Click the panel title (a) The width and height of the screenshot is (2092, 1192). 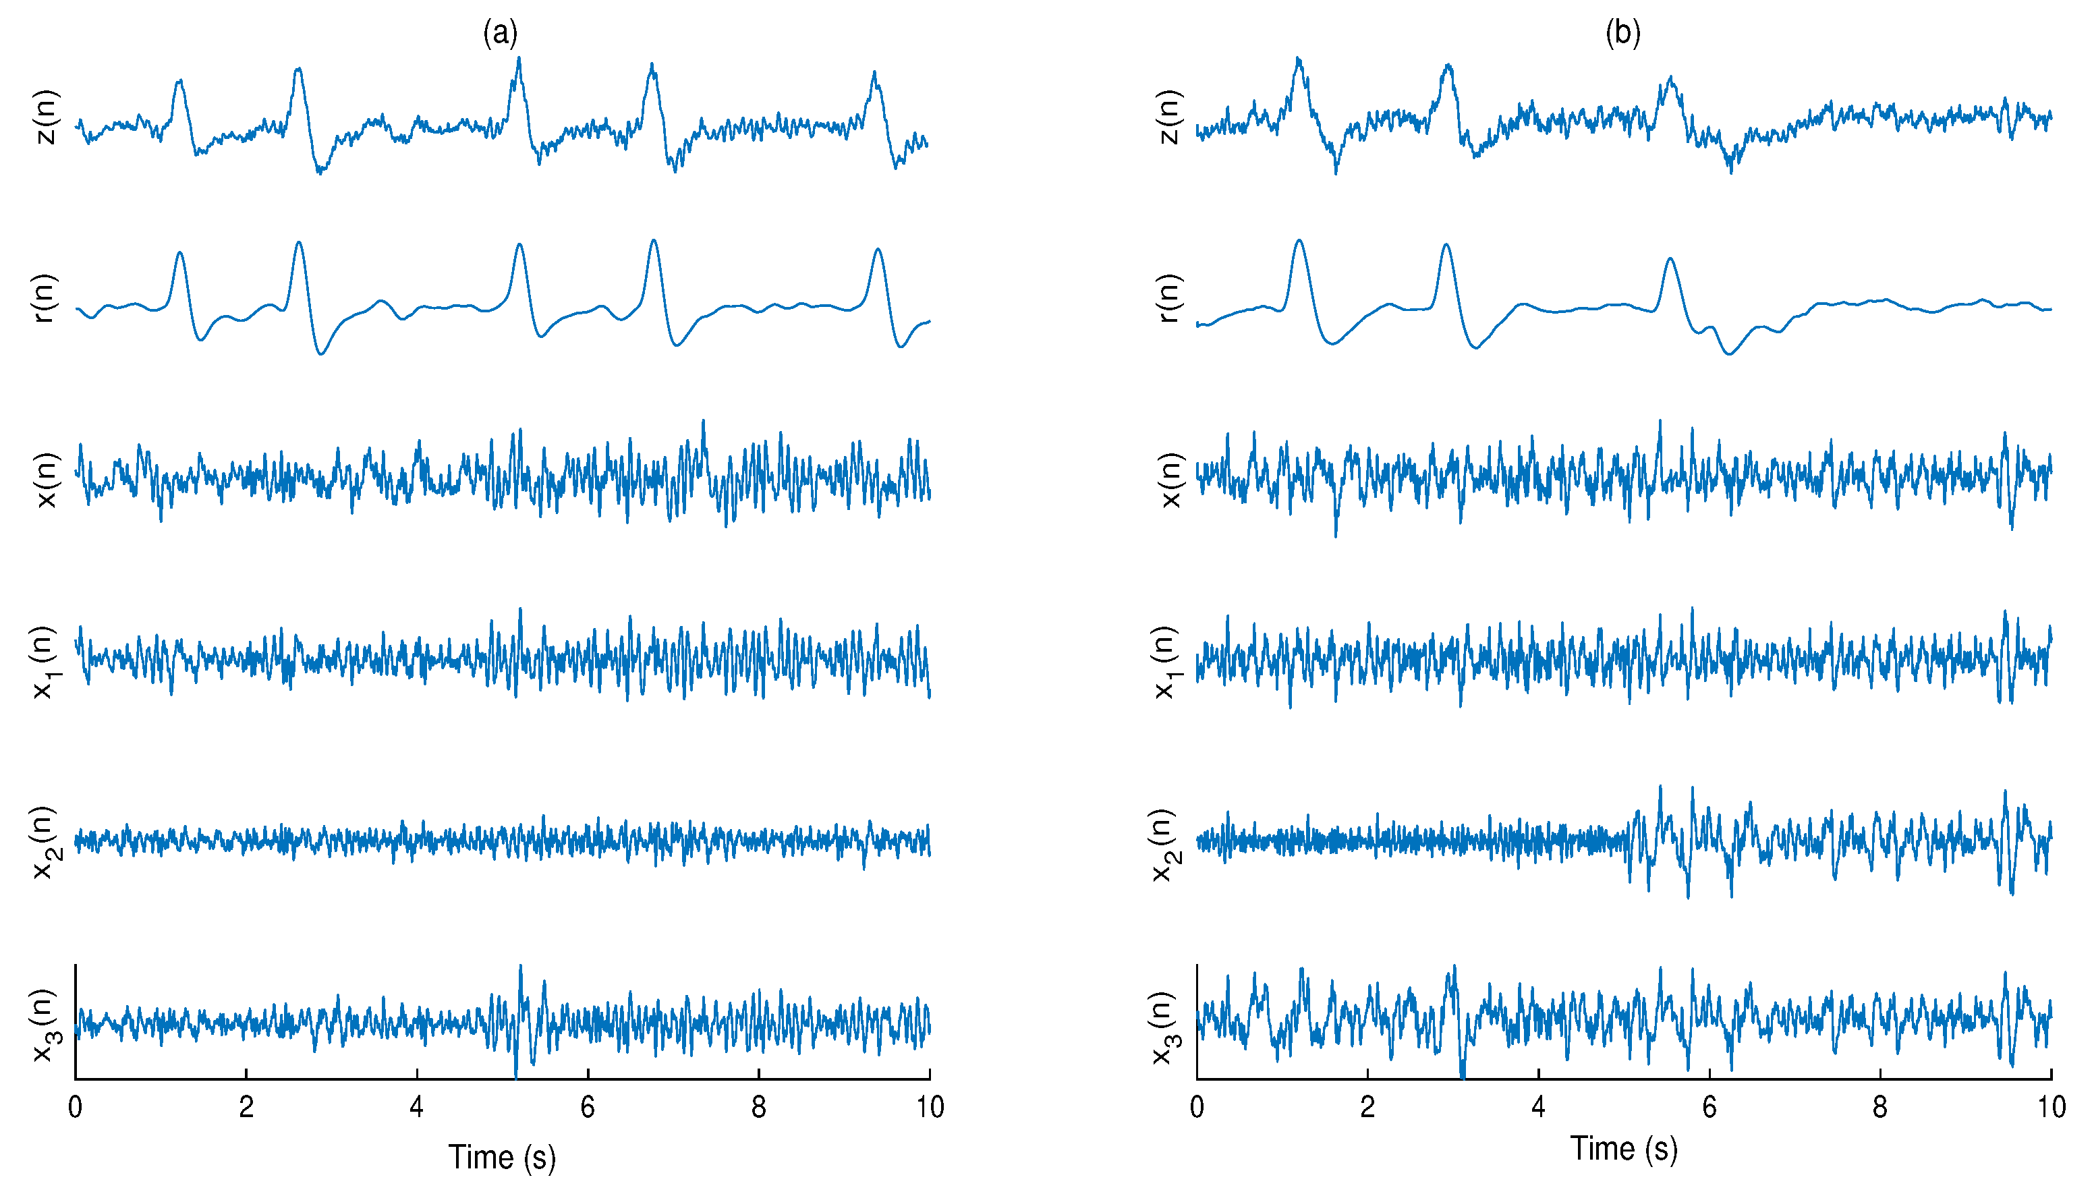[500, 33]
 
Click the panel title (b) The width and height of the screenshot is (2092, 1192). [1622, 33]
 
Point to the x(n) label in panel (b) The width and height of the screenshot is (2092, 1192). [1170, 480]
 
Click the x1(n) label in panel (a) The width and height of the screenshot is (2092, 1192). [45, 662]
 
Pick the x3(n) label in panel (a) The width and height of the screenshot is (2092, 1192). [45, 1025]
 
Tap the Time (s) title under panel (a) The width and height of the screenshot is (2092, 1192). [502, 1157]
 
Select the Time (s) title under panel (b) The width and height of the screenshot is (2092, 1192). [1624, 1149]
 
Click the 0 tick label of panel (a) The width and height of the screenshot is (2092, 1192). [76, 1107]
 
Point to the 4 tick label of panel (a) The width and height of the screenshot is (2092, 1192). [417, 1107]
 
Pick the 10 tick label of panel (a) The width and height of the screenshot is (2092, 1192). [930, 1107]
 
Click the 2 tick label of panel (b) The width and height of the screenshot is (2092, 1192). [1367, 1107]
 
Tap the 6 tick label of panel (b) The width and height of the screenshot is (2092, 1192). [1709, 1107]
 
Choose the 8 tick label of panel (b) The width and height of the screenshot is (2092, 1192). [1880, 1107]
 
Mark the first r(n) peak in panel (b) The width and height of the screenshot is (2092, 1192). [1299, 240]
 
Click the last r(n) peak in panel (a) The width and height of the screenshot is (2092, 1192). [878, 249]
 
